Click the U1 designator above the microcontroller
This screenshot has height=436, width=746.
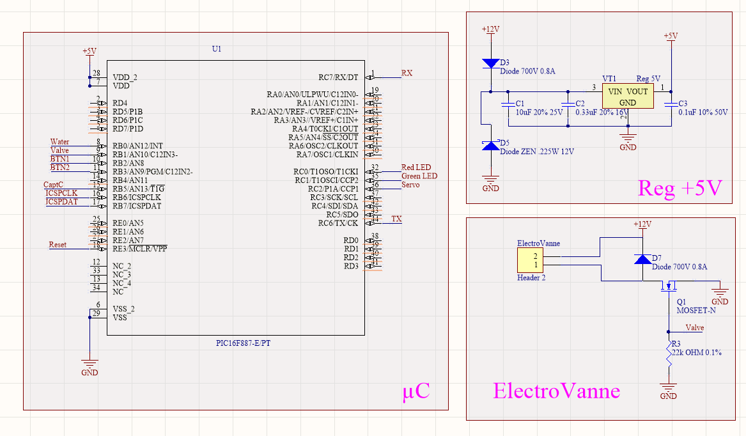point(216,49)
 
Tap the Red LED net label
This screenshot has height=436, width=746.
point(416,167)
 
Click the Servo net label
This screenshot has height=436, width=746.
point(410,185)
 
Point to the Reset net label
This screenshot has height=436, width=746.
point(58,245)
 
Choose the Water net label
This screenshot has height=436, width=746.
point(59,142)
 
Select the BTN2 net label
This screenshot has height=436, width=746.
point(60,167)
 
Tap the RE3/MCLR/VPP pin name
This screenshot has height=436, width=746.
point(139,249)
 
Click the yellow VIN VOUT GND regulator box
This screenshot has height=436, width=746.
point(628,95)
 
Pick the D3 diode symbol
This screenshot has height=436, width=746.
point(490,63)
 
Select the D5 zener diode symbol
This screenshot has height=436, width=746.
point(490,146)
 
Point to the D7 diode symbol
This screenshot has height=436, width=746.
point(642,259)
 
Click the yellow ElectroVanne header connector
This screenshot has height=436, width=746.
point(530,260)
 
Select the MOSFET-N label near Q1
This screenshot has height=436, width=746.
point(696,310)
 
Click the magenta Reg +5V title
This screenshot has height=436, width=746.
point(680,188)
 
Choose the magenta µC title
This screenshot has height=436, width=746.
point(415,392)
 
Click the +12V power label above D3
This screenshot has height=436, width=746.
point(490,29)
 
